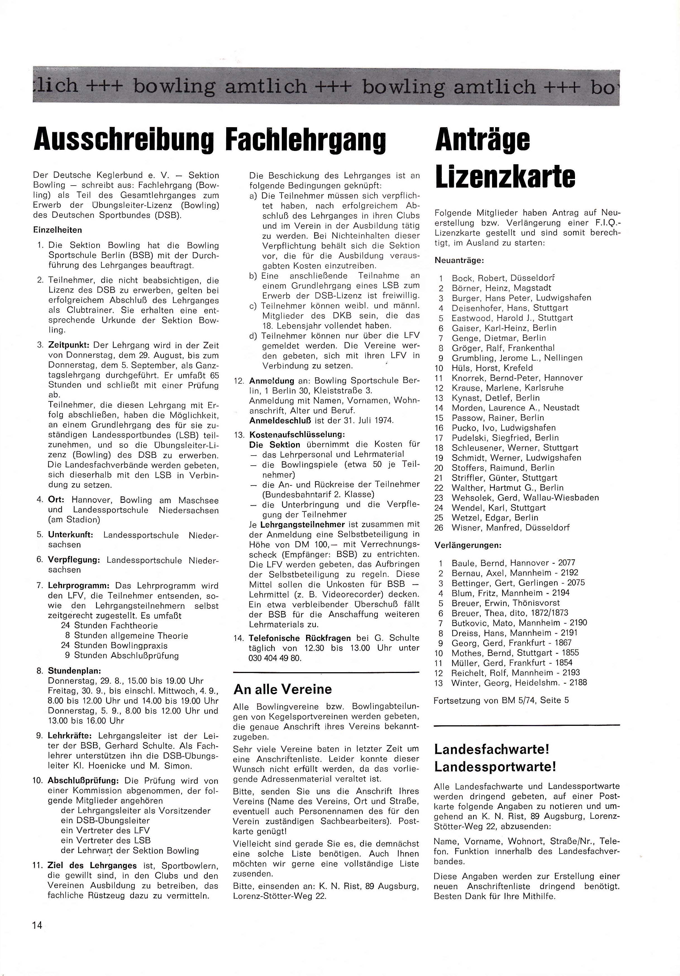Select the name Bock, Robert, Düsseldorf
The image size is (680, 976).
click(503, 278)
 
